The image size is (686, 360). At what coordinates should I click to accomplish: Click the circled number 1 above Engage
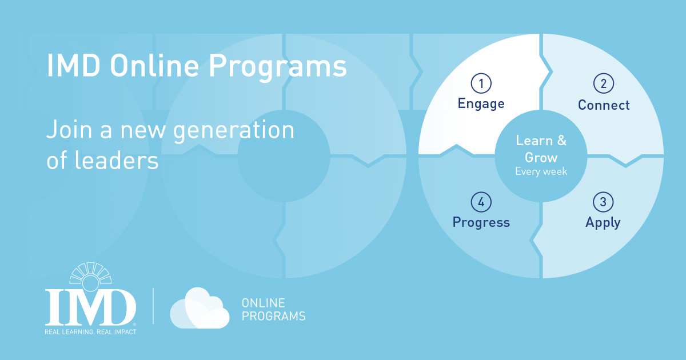coord(481,83)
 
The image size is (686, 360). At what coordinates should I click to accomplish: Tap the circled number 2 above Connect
coord(604,83)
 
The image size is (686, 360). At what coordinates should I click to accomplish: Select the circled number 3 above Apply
coord(603,202)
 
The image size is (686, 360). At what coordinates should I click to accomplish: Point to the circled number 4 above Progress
coord(481,202)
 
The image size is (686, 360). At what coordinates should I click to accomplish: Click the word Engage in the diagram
coord(481,104)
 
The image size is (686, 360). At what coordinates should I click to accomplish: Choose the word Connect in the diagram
coord(604,105)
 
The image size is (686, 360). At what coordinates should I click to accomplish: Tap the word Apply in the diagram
coord(603,223)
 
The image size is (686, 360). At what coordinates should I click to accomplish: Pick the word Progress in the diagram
coord(481,222)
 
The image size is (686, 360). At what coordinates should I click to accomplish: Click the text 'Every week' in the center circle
coord(541,172)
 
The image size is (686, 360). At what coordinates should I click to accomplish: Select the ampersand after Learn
coord(561,141)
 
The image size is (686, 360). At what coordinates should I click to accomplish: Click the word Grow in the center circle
coord(541,158)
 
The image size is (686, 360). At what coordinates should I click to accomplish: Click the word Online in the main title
coord(154,66)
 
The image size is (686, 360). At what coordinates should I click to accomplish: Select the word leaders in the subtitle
coord(117,160)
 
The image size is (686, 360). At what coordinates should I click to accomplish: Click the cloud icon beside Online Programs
coord(200,308)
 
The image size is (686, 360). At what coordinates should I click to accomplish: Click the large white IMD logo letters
coord(90,307)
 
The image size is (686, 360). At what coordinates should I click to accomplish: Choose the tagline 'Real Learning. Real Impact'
coord(90,332)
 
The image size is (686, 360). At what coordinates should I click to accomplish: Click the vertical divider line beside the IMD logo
coord(153,306)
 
